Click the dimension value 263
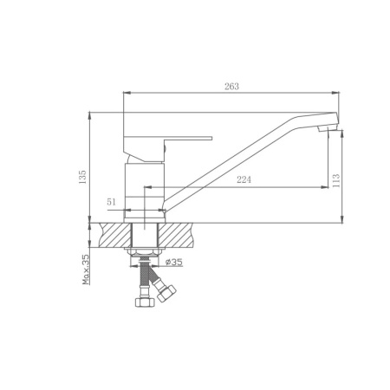coord(231,87)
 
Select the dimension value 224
coord(244,179)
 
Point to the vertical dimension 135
coord(82,177)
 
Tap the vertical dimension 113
coord(336,180)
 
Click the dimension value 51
coord(111,202)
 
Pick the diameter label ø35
coord(174,262)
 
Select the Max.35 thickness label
coord(86,270)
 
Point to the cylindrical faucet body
coord(145,192)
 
